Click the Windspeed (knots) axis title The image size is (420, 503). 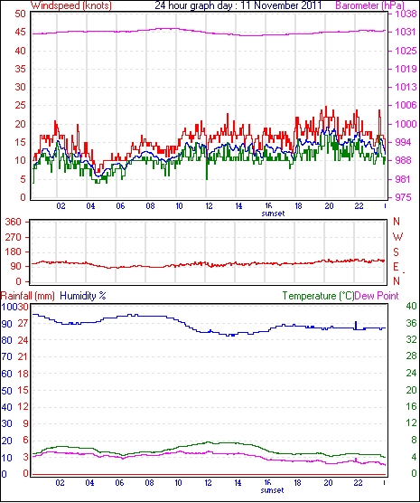pos(71,5)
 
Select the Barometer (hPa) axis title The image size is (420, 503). pos(369,5)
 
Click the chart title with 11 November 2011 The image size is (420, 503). pos(238,5)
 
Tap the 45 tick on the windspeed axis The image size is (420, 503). pos(21,33)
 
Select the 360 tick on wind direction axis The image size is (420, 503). pos(14,222)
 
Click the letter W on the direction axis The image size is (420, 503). pos(397,237)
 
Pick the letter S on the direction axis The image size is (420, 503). pos(396,252)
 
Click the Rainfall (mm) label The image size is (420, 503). pos(28,296)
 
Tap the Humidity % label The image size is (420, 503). pos(83,296)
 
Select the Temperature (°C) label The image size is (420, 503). pos(318,296)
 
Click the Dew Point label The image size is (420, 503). pos(377,296)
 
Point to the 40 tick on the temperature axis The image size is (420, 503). pos(411,306)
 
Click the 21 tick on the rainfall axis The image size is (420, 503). pos(23,356)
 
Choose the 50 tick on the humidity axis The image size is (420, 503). pos(6,391)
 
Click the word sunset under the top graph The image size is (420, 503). pos(273,214)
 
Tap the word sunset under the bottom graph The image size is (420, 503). pos(272,490)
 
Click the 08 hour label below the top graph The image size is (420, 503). pos(150,206)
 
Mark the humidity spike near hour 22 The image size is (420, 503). pos(356,325)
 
